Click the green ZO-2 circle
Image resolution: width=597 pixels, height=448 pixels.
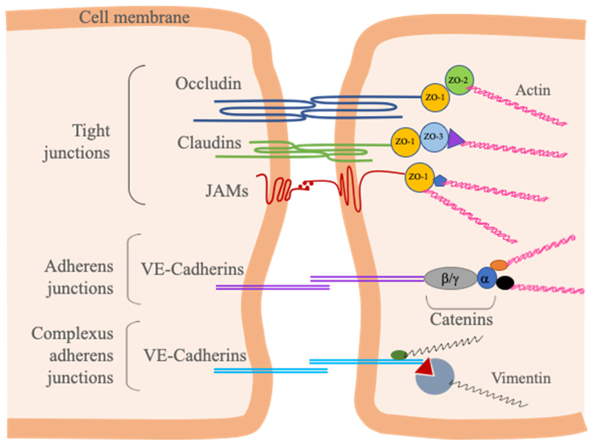pos(459,80)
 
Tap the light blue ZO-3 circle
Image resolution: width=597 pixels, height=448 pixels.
pos(434,137)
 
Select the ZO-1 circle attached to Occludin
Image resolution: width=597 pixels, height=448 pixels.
pos(435,97)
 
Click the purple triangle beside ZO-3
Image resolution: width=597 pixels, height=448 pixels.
pos(454,139)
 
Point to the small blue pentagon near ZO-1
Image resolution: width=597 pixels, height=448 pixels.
pos(439,180)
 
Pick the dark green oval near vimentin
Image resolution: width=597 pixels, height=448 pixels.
pos(399,355)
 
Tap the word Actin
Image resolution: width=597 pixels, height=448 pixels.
pos(532,90)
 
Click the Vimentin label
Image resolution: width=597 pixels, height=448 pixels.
pos(521,378)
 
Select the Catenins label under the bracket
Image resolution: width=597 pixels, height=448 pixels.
pos(461,319)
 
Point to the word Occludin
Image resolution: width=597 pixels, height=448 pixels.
pos(208,83)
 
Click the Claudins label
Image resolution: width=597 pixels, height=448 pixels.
pos(209,143)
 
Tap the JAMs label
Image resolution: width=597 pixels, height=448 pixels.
pos(227,191)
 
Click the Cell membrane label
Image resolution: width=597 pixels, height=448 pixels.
pos(134,17)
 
